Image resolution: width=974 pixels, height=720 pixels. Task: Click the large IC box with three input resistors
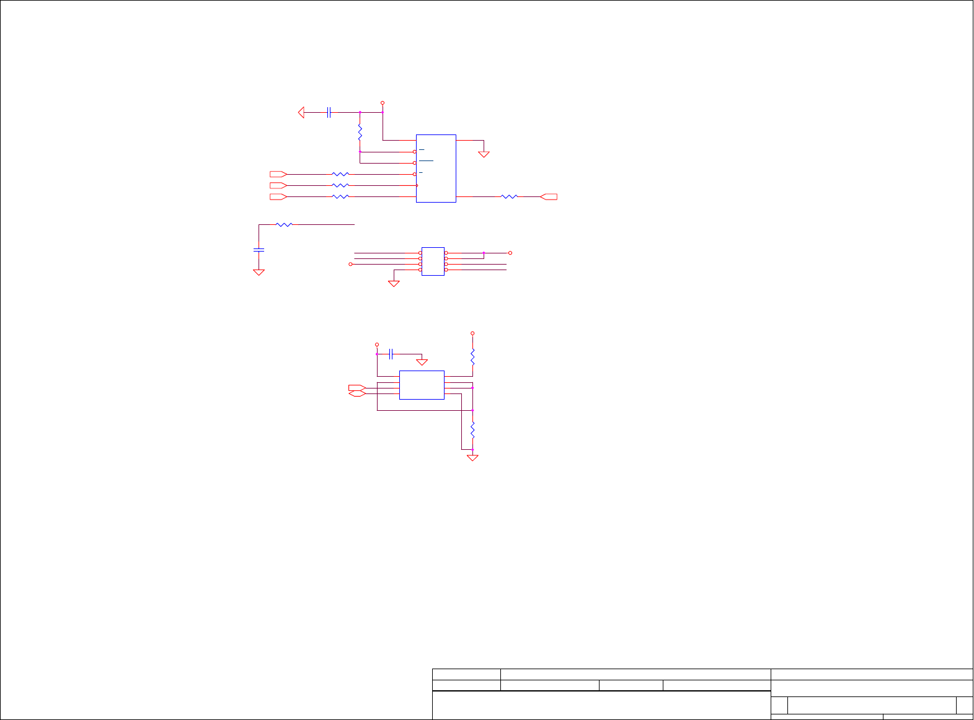pyautogui.click(x=436, y=168)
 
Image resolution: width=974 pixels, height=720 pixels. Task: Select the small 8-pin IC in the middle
pyautogui.click(x=433, y=261)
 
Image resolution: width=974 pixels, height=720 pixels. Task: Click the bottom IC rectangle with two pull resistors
pyautogui.click(x=422, y=385)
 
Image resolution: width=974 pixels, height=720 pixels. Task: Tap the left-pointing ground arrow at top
pyautogui.click(x=301, y=112)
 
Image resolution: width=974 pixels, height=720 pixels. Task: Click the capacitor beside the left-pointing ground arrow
pyautogui.click(x=329, y=112)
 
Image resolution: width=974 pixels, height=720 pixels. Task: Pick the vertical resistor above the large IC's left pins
pyautogui.click(x=360, y=132)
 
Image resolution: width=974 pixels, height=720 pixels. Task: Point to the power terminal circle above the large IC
pyautogui.click(x=383, y=103)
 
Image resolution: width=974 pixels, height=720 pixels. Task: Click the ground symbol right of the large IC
pyautogui.click(x=484, y=153)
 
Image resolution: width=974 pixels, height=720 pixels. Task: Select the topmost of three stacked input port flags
pyautogui.click(x=278, y=174)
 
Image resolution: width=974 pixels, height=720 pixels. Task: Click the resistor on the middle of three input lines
pyautogui.click(x=340, y=185)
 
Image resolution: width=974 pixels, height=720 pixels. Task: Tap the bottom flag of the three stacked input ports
pyautogui.click(x=278, y=196)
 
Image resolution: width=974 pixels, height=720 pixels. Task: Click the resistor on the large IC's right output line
pyautogui.click(x=509, y=196)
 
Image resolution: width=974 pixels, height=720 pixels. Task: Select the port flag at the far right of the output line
pyautogui.click(x=549, y=196)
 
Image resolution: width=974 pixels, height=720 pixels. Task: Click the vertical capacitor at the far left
pyautogui.click(x=259, y=250)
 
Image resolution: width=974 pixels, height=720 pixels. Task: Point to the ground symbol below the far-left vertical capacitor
pyautogui.click(x=259, y=271)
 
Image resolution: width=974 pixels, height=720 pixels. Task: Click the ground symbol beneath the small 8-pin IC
pyautogui.click(x=394, y=283)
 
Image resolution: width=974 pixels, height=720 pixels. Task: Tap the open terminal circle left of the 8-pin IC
pyautogui.click(x=350, y=264)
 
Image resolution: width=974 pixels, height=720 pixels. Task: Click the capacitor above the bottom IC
pyautogui.click(x=391, y=354)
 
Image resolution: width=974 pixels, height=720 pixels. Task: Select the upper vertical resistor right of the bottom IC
pyautogui.click(x=472, y=357)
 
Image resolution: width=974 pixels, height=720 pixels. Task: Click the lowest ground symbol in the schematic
pyautogui.click(x=472, y=457)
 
